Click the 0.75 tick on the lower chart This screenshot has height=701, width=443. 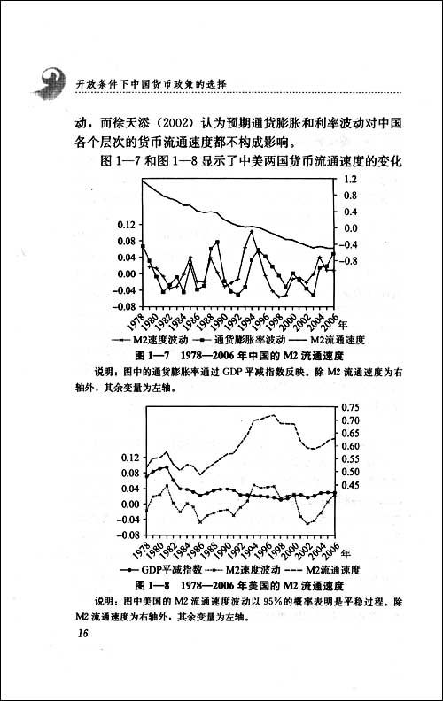click(x=354, y=407)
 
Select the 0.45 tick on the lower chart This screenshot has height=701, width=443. click(x=354, y=485)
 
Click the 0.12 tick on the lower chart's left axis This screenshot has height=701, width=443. click(x=130, y=457)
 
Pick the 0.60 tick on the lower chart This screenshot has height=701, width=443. click(x=354, y=446)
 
